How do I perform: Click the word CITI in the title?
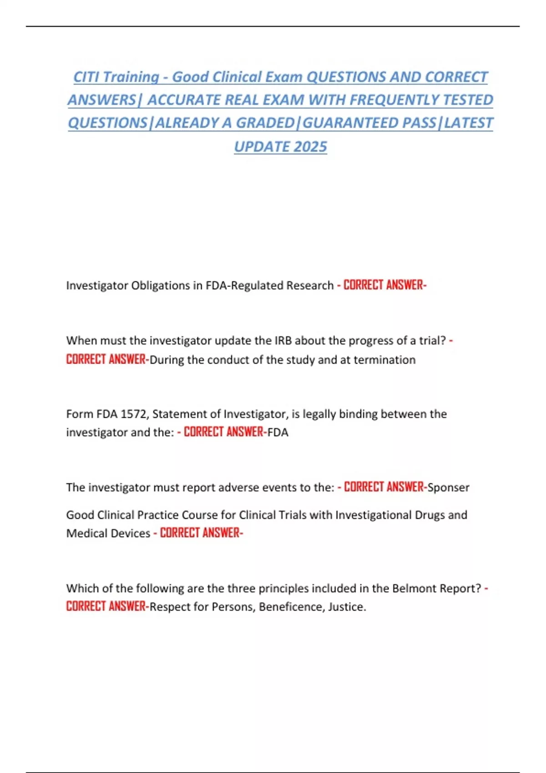point(85,77)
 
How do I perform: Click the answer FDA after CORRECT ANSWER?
point(278,432)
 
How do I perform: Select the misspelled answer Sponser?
point(448,487)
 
